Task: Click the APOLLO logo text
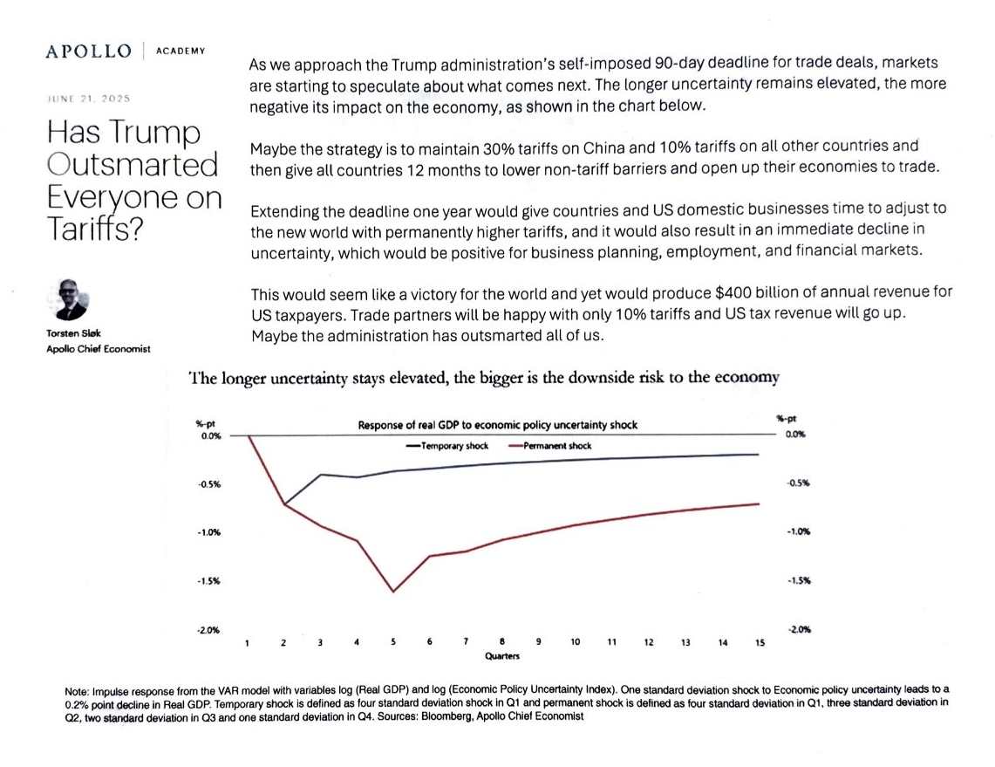(89, 51)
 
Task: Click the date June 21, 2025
(89, 99)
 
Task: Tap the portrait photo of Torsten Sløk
(69, 299)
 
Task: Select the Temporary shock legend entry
(446, 446)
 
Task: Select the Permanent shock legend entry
(549, 446)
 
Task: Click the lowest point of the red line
(393, 592)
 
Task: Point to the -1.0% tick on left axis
(208, 532)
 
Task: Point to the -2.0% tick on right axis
(799, 629)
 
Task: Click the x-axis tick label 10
(575, 642)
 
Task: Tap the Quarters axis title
(502, 656)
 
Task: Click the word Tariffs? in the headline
(95, 229)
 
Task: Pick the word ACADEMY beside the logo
(181, 51)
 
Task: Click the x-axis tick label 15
(760, 642)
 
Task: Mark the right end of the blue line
(759, 455)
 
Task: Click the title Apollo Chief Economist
(99, 348)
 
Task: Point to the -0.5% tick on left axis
(208, 483)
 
